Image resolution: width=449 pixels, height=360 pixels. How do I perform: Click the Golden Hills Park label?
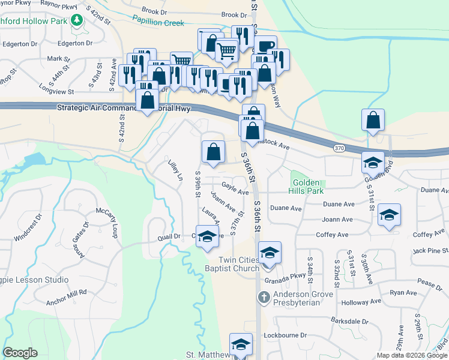click(x=307, y=186)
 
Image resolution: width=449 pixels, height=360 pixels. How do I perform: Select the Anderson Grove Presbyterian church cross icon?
click(x=264, y=296)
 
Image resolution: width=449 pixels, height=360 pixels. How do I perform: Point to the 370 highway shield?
click(x=339, y=147)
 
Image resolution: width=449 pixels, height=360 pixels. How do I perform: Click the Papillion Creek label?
click(x=158, y=23)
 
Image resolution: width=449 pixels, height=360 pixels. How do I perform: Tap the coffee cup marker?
click(x=265, y=46)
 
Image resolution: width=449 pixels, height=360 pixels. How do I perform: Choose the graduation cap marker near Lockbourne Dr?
click(x=241, y=344)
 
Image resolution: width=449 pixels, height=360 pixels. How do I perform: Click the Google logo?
click(x=20, y=353)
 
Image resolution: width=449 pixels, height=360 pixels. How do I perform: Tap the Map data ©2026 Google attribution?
click(x=411, y=355)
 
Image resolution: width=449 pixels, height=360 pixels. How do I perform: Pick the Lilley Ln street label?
click(x=175, y=170)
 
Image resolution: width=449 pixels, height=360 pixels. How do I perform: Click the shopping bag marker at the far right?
click(x=373, y=120)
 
